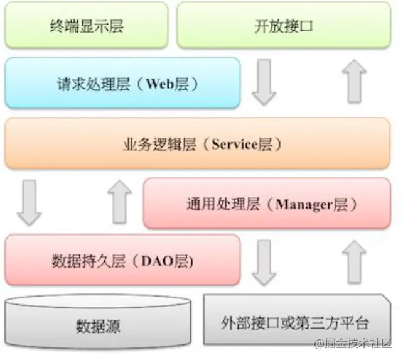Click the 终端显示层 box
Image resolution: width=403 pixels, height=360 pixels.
click(x=86, y=25)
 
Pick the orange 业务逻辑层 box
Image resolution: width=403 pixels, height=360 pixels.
click(x=201, y=144)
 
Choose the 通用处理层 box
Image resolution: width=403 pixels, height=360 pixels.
click(x=267, y=203)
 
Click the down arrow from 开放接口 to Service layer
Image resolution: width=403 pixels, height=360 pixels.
click(x=264, y=82)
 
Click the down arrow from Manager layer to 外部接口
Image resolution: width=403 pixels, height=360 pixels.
click(x=264, y=263)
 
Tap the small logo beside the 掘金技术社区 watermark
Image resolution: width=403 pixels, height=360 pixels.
click(x=320, y=343)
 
